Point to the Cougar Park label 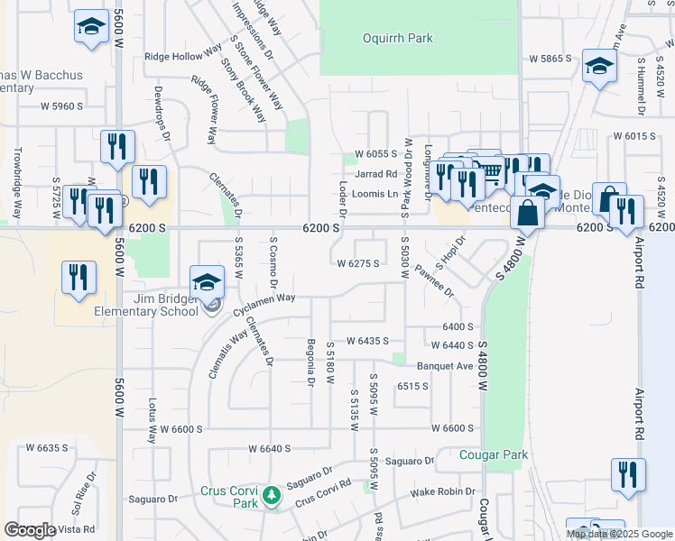pos(493,455)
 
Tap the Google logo pos(31,530)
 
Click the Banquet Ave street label pos(445,366)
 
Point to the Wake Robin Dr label pos(443,492)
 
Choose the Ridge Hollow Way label pos(182,56)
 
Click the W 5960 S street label pos(61,105)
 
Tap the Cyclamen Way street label pos(264,298)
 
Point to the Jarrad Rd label pos(376,174)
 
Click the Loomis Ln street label pos(375,194)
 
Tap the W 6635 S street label pos(47,447)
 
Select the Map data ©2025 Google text pos(619,534)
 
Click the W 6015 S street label pos(633,135)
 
